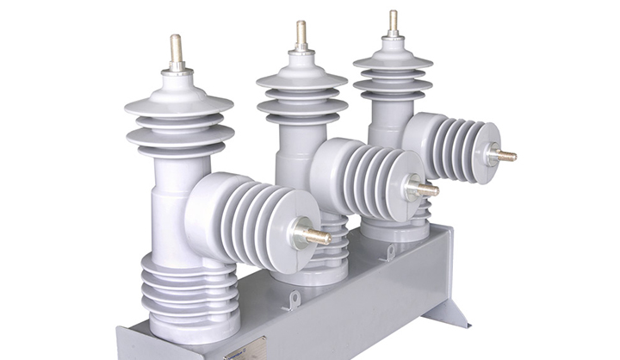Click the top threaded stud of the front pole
coord(177,51)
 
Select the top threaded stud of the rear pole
coord(393,22)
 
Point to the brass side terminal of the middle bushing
coord(425,189)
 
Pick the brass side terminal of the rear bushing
coord(504,156)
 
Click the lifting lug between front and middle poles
coord(294,299)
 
